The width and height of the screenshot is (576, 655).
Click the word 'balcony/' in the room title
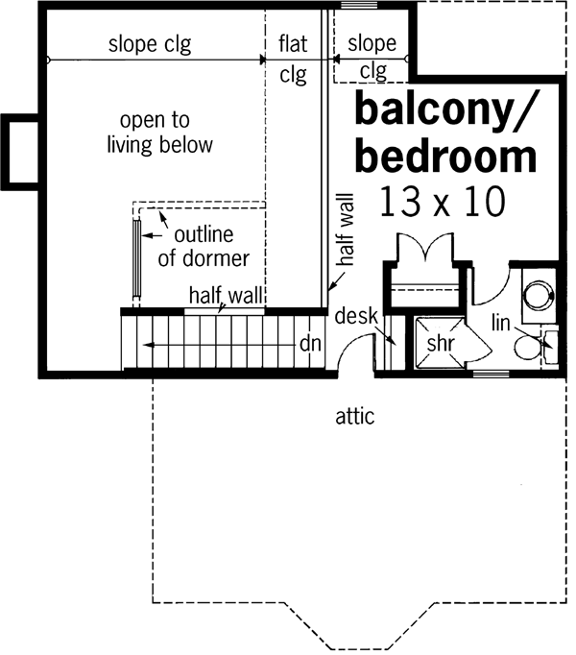click(x=443, y=111)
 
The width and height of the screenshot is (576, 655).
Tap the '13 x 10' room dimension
click(x=442, y=202)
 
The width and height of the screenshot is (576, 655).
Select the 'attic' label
click(x=354, y=417)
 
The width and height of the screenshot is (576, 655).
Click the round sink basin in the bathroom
click(x=538, y=291)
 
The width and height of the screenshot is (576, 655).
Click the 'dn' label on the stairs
click(x=309, y=343)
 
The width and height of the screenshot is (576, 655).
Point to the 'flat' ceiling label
click(x=294, y=44)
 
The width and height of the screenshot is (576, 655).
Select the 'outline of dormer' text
click(x=204, y=246)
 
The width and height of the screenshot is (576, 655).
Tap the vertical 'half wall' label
click(x=345, y=230)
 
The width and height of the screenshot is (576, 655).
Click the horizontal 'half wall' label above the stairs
click(x=226, y=295)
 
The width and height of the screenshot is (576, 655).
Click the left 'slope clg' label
click(x=150, y=44)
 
